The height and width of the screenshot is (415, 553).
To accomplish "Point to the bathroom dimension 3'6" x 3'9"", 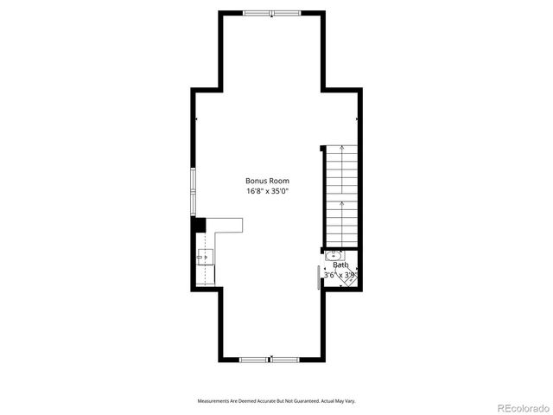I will (x=339, y=275).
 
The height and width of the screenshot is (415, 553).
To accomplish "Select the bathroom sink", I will (x=334, y=256).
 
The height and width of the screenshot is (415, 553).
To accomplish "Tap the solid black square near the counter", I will (x=198, y=225).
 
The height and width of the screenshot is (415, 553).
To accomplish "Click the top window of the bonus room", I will (x=270, y=13).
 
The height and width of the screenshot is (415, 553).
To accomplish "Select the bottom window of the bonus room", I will (x=270, y=359).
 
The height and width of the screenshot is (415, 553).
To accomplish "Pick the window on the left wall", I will (x=194, y=191).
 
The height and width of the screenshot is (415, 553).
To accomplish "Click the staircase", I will (x=342, y=195).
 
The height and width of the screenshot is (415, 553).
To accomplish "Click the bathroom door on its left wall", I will (x=320, y=278).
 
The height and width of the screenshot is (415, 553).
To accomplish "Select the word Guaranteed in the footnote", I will (x=302, y=401).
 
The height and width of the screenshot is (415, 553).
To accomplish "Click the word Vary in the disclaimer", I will (x=350, y=401).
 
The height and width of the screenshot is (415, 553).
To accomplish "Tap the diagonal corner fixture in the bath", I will (x=349, y=278).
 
